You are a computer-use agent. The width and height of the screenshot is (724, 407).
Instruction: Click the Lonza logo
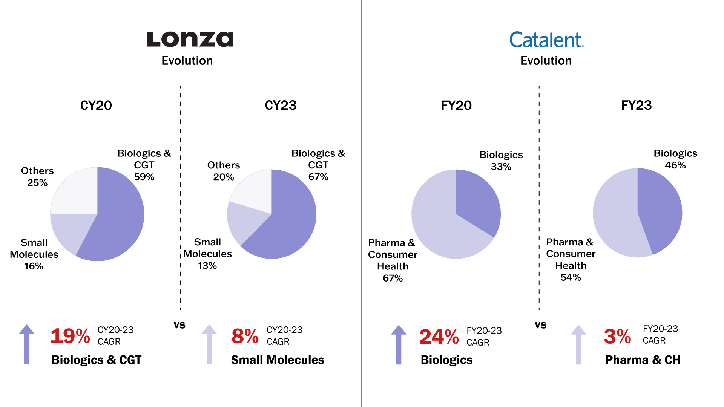click(190, 40)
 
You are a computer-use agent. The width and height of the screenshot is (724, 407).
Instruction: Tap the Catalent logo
click(546, 40)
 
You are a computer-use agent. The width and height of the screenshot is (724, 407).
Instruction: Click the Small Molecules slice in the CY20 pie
click(70, 230)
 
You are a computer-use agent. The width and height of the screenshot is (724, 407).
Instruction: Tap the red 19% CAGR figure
click(70, 336)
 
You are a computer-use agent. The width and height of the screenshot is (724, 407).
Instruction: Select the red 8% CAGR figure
click(245, 336)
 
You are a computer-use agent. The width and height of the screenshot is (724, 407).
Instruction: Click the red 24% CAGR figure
click(439, 337)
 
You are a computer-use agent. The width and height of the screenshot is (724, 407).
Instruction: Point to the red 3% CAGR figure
click(617, 336)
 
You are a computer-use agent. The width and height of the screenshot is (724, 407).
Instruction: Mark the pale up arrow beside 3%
click(578, 344)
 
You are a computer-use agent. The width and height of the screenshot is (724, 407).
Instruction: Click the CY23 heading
click(281, 105)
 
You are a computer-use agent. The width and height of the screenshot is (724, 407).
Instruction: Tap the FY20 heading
click(456, 105)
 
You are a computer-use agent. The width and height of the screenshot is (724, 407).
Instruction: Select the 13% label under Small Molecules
click(207, 266)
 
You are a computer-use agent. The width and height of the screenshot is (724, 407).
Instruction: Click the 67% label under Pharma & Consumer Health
click(393, 278)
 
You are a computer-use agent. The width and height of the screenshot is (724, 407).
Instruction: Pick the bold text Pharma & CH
click(643, 360)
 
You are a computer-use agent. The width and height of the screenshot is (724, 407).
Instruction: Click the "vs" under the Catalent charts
click(540, 325)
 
